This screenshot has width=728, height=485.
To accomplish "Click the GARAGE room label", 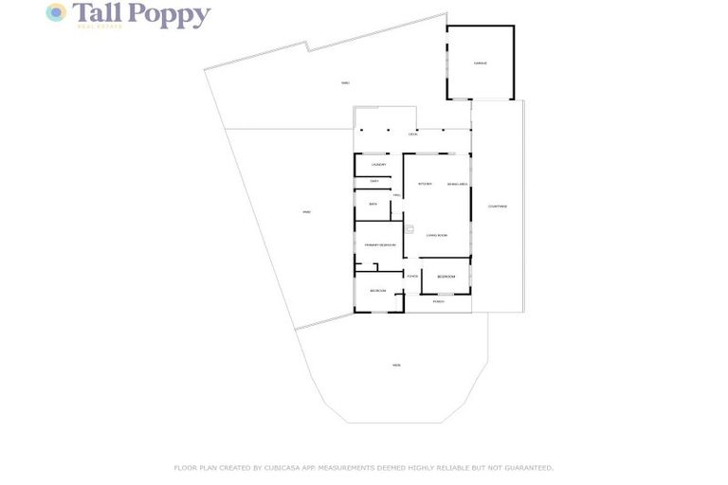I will [x=480, y=63].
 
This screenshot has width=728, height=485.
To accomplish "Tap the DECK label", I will [x=412, y=135].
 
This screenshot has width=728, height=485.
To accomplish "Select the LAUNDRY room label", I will [x=378, y=165].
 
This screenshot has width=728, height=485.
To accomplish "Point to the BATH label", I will [x=373, y=204].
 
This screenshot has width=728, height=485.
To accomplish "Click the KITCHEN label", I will [x=425, y=184].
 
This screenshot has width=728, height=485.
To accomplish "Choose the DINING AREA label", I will [x=457, y=184].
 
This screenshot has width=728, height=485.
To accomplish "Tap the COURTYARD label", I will [x=497, y=206].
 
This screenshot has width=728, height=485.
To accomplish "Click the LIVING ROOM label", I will [x=436, y=235].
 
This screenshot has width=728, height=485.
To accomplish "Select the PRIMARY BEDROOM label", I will [x=379, y=245].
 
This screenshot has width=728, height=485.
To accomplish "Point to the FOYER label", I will [x=412, y=276].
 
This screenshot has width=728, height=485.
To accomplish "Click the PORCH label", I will [x=438, y=301].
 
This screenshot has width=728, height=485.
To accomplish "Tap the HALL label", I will [x=396, y=195].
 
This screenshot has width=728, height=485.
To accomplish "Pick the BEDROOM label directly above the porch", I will [x=445, y=277].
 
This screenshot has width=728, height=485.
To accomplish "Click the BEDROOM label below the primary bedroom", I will [x=377, y=291].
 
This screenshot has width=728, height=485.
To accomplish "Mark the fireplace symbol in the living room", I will [x=409, y=228].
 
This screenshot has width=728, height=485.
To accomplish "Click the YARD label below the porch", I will [x=396, y=365].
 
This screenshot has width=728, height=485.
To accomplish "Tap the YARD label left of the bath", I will [x=306, y=212].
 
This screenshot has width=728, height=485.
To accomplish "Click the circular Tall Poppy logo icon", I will [x=57, y=12].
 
